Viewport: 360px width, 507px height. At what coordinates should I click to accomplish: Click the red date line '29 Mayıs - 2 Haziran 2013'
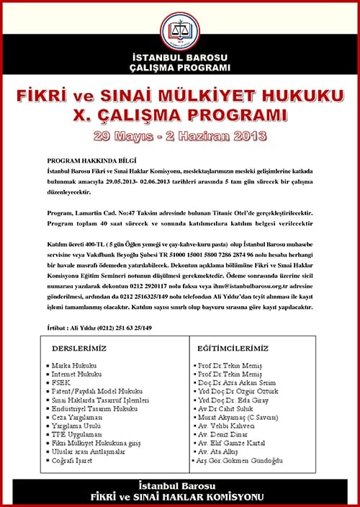pos(180,135)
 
